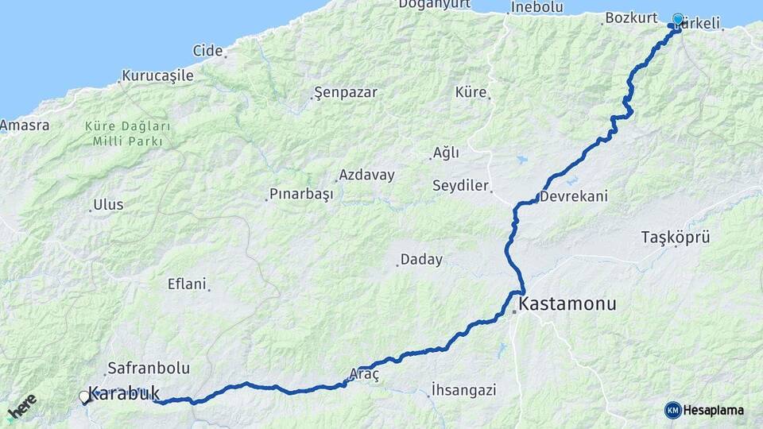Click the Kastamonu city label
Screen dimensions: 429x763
click(567, 304)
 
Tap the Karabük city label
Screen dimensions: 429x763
click(123, 392)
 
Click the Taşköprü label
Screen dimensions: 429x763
click(675, 237)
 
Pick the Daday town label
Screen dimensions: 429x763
click(421, 259)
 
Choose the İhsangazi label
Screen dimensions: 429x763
click(463, 390)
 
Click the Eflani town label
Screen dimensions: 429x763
click(187, 284)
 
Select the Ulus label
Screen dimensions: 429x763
click(108, 204)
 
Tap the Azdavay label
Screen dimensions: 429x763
click(366, 175)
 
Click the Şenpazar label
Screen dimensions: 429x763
click(346, 92)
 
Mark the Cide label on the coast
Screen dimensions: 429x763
click(207, 51)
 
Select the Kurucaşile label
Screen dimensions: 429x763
click(157, 76)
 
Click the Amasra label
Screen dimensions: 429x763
click(25, 126)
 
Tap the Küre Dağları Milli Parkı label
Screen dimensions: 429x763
click(127, 133)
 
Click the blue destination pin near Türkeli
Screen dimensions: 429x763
click(677, 20)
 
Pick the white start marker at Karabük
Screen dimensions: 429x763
click(84, 396)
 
